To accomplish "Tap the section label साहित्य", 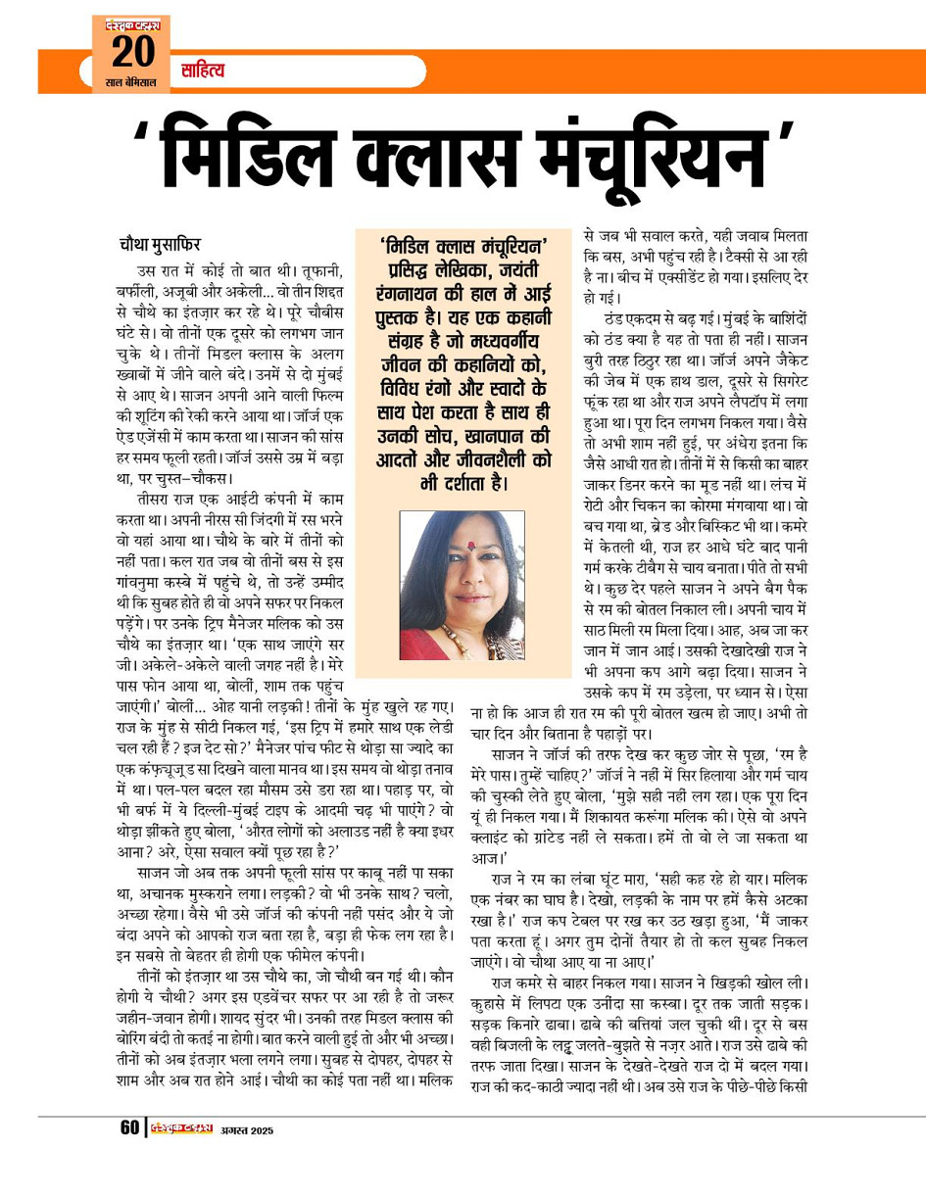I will coord(203,71).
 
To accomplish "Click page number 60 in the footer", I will coord(129,1127).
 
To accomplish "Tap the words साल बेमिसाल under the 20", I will coord(130,82).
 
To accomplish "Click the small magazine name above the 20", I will coord(130,24).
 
